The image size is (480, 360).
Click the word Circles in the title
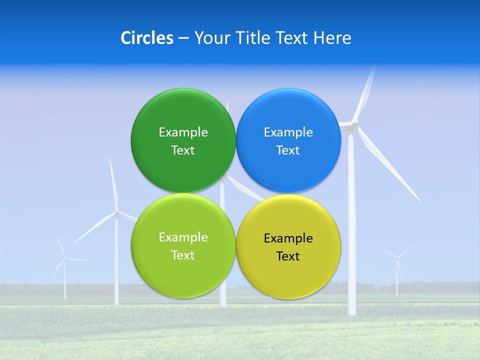pos(146,38)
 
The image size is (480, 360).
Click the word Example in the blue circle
pos(288,132)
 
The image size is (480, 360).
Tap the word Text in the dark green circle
pos(183,150)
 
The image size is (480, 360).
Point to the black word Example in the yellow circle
pos(288,238)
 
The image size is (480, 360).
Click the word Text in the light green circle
pos(183,255)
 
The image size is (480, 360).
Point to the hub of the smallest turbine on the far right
pos(397,258)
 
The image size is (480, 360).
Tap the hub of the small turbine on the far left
pos(64,258)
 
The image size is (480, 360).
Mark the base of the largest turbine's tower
pos(352,312)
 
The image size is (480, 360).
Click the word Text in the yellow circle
pos(288,256)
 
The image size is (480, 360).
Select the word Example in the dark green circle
pos(183,132)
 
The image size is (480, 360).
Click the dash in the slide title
pos(183,38)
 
